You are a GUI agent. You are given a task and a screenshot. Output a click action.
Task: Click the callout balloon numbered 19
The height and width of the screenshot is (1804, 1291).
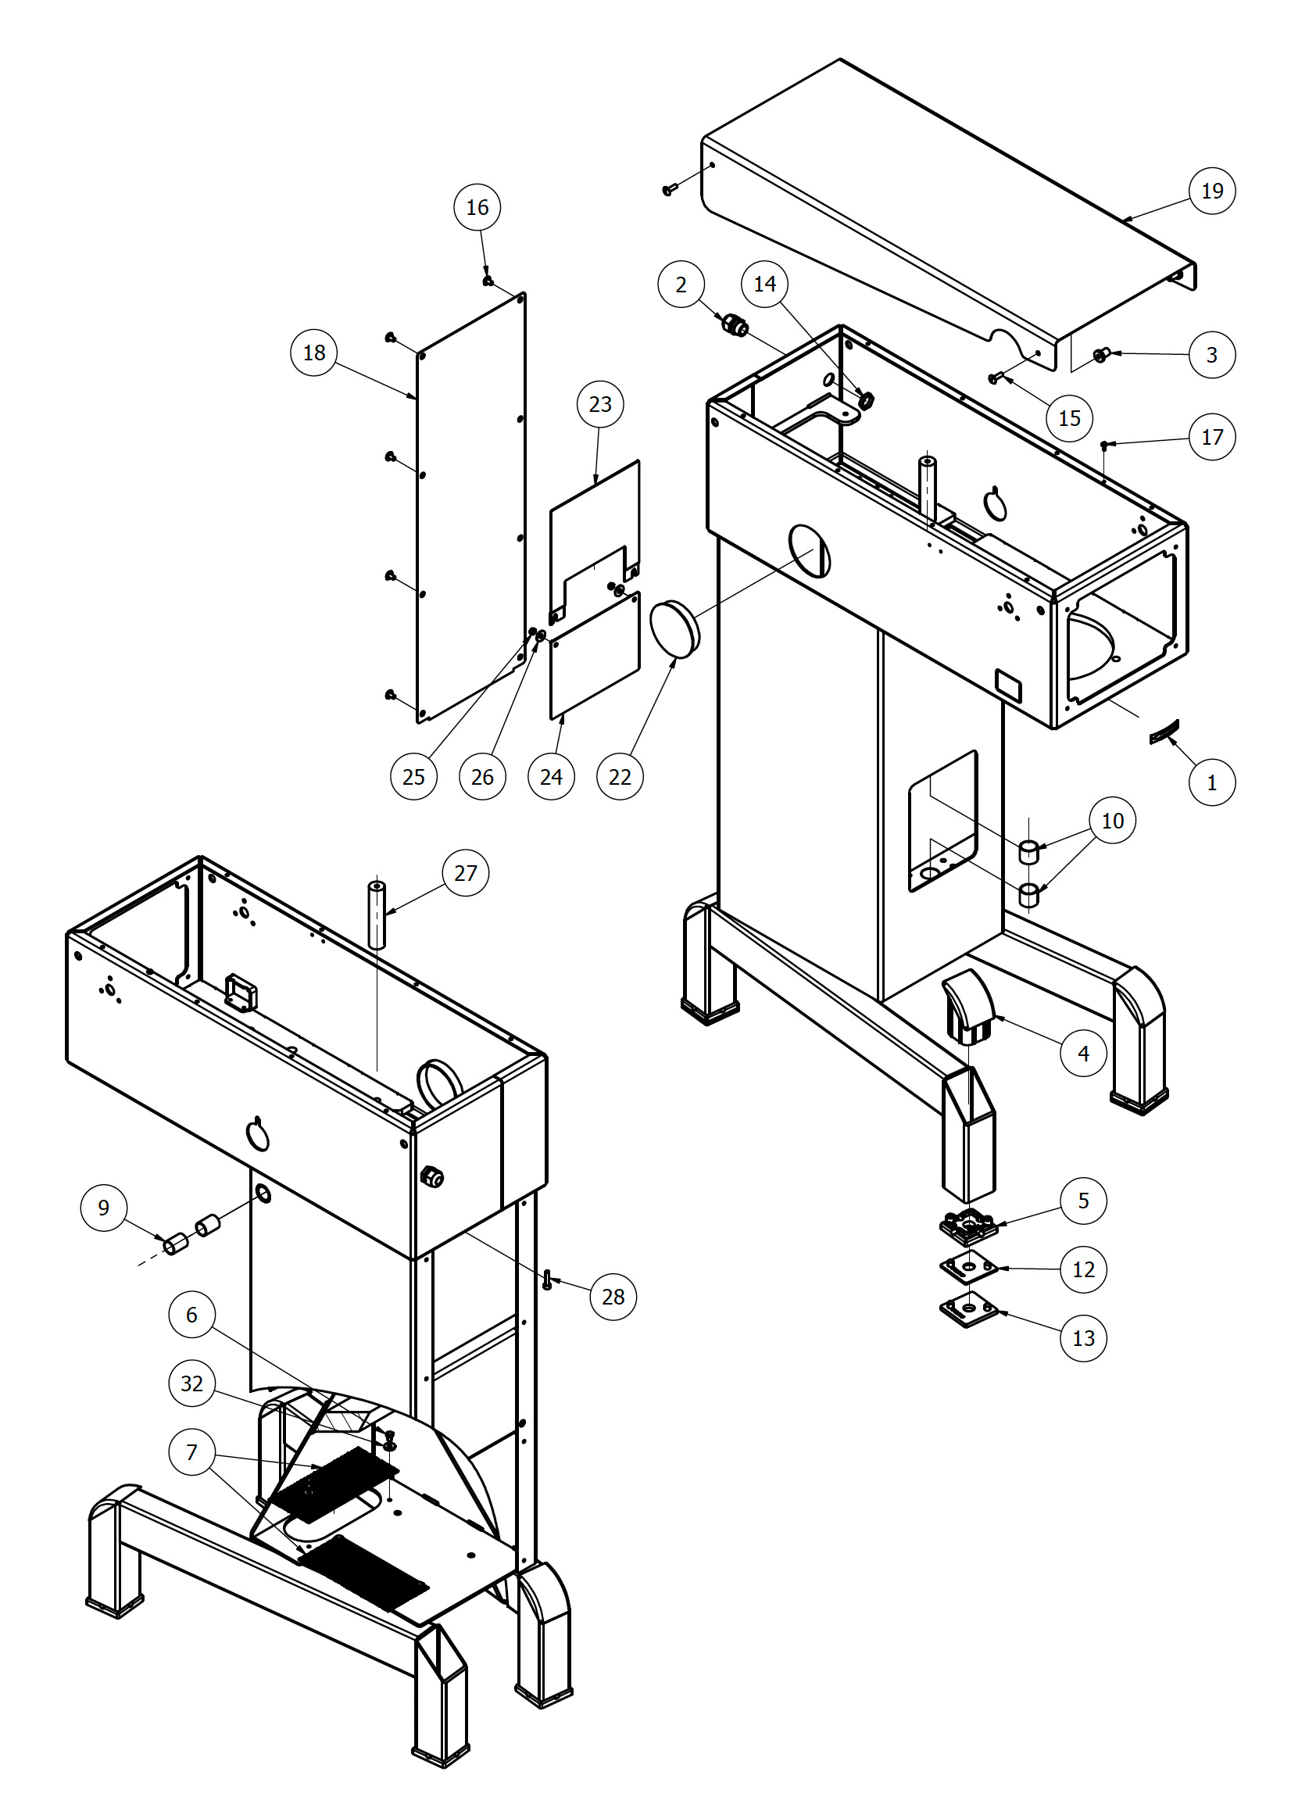coord(1211,191)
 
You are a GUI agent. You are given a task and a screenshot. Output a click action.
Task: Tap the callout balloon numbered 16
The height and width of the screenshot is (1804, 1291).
coord(477,207)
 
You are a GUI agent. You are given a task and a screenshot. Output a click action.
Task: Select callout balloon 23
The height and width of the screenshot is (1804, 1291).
coord(600,404)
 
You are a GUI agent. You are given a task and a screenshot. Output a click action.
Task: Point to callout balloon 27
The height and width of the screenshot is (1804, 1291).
coord(465,873)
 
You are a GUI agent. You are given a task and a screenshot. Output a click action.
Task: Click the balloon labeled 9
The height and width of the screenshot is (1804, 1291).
coord(103,1208)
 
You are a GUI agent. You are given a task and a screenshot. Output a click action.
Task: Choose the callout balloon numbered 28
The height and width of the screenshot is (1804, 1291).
coord(613,1297)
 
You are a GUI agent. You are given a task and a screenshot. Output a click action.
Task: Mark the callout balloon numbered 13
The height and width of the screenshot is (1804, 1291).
coord(1082,1338)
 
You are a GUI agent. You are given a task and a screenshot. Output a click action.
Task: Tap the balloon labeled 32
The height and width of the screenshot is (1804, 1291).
coord(191,1383)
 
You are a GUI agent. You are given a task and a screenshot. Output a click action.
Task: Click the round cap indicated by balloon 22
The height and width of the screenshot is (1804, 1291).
coord(674,628)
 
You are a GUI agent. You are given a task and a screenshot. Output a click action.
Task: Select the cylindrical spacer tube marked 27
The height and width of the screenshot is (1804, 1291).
coord(377,915)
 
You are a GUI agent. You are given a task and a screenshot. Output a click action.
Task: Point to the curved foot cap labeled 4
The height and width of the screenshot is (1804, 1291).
coord(968,1006)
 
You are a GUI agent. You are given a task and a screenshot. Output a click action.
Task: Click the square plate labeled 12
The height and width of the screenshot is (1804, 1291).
coord(968,1267)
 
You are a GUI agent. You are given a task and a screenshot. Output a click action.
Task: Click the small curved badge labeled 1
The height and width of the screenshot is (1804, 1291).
coord(1164,732)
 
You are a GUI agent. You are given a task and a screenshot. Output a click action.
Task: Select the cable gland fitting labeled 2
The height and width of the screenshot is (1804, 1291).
coord(735,325)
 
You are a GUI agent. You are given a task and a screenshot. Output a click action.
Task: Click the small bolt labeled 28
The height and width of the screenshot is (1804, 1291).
coord(547,1280)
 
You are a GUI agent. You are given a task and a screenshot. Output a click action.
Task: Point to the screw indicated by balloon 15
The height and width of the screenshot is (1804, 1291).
coord(993,378)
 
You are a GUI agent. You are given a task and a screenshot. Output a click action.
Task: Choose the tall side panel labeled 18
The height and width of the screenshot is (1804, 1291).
coord(470,509)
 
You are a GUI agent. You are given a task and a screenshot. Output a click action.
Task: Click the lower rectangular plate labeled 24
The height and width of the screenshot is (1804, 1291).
coord(595,657)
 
